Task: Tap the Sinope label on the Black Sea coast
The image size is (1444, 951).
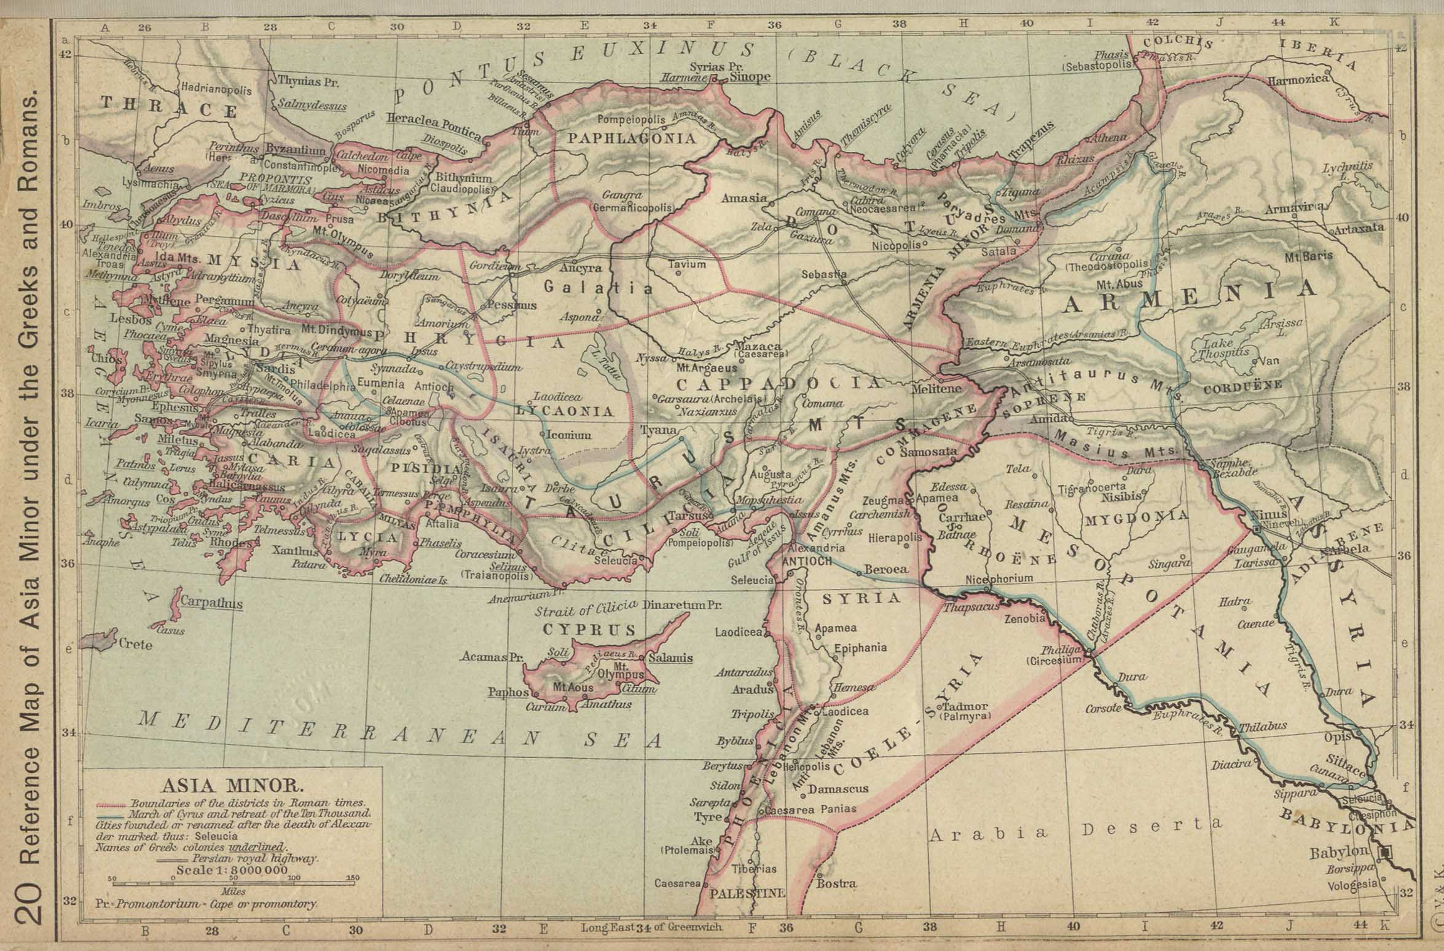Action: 749,77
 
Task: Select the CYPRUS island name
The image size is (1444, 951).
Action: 589,629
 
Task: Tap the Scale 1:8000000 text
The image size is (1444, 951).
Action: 232,870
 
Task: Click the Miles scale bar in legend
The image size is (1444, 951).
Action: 234,884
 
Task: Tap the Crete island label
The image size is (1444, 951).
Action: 136,644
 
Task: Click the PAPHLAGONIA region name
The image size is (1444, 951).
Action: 632,138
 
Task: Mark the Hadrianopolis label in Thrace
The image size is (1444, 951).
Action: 216,90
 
